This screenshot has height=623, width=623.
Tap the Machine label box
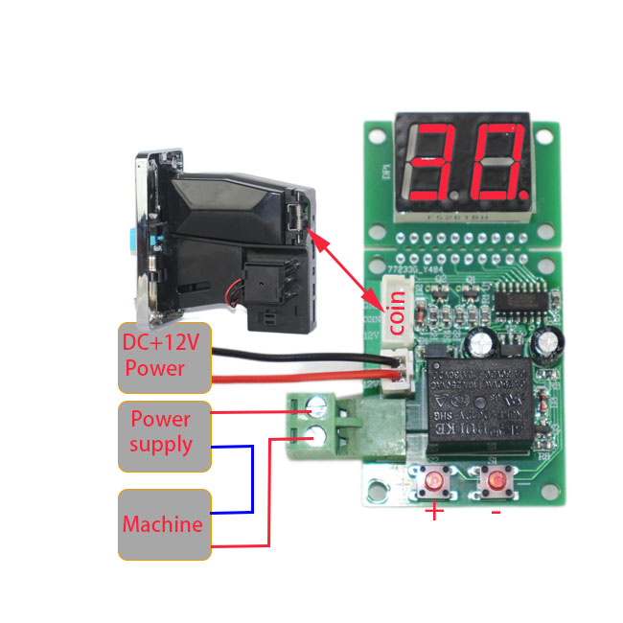(x=164, y=524)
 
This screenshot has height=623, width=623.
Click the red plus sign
(x=434, y=513)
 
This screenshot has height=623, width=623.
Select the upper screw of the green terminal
(x=313, y=412)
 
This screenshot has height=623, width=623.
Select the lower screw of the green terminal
(x=313, y=441)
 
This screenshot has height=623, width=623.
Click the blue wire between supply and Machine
(x=251, y=479)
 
